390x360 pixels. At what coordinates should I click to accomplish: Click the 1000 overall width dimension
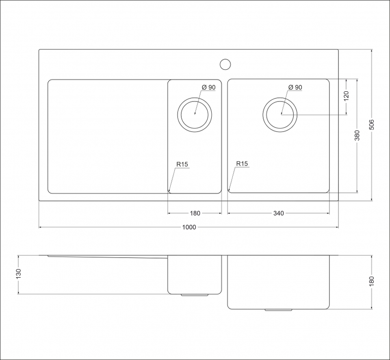pos(189,227)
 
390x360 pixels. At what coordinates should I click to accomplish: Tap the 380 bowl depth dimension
pos(357,135)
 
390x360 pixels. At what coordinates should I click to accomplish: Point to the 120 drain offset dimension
pos(346,96)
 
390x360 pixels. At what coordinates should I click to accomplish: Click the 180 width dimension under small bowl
pos(195,213)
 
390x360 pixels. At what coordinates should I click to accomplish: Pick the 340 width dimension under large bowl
pos(278,213)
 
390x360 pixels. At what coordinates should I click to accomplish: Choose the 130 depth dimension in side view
pos(18,274)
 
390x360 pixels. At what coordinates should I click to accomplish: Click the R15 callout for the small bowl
pos(182,164)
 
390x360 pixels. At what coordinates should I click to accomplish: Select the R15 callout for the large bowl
pos(242,164)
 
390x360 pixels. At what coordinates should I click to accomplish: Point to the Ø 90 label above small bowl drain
pos(208,87)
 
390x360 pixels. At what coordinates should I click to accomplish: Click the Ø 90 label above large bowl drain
pos(295,87)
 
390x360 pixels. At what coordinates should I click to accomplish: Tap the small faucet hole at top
pos(225,64)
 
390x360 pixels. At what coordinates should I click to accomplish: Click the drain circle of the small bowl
pos(195,114)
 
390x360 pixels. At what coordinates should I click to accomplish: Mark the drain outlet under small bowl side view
pos(195,295)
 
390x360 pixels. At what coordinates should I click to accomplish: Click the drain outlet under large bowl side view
pos(278,310)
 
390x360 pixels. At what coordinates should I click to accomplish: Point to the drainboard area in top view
pos(108,136)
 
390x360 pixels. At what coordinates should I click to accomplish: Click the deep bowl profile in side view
pos(278,282)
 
